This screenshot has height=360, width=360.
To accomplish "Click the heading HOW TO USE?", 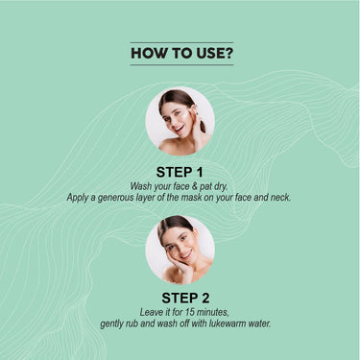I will (x=180, y=54).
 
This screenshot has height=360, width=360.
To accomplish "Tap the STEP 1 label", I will (x=180, y=170).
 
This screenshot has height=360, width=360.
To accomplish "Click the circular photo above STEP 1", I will (x=180, y=122).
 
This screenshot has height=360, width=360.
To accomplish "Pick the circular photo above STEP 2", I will (x=180, y=249).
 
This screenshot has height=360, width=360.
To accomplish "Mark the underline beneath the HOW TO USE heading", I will (x=180, y=65).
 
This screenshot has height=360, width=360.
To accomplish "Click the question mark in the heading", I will (x=227, y=54).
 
